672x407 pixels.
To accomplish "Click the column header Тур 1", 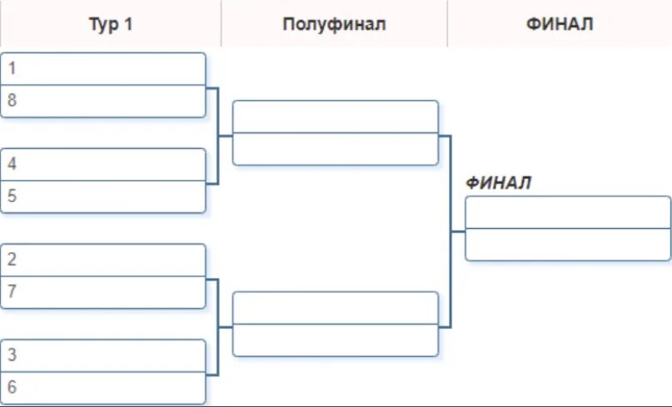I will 111,24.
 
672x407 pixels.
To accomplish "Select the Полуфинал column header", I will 334,24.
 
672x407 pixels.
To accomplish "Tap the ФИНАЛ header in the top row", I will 559,24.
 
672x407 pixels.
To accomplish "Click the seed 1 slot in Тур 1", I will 103,69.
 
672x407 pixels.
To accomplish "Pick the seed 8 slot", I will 103,101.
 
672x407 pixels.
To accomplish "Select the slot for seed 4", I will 103,165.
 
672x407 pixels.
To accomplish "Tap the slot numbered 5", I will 103,196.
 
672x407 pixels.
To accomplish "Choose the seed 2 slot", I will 103,260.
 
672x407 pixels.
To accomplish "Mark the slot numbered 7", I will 103,292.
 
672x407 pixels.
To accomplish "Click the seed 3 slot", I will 103,355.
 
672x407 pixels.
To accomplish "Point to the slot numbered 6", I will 103,387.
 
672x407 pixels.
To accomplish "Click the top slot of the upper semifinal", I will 335,117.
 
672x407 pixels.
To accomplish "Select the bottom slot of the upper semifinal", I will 335,149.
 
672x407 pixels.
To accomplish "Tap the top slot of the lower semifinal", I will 335,308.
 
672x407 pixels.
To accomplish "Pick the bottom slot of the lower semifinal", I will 335,340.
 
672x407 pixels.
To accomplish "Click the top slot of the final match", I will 567,212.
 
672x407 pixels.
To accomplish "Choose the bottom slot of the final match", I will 567,244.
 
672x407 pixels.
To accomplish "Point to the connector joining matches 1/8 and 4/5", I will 218,135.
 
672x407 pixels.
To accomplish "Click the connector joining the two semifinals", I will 450,231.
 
